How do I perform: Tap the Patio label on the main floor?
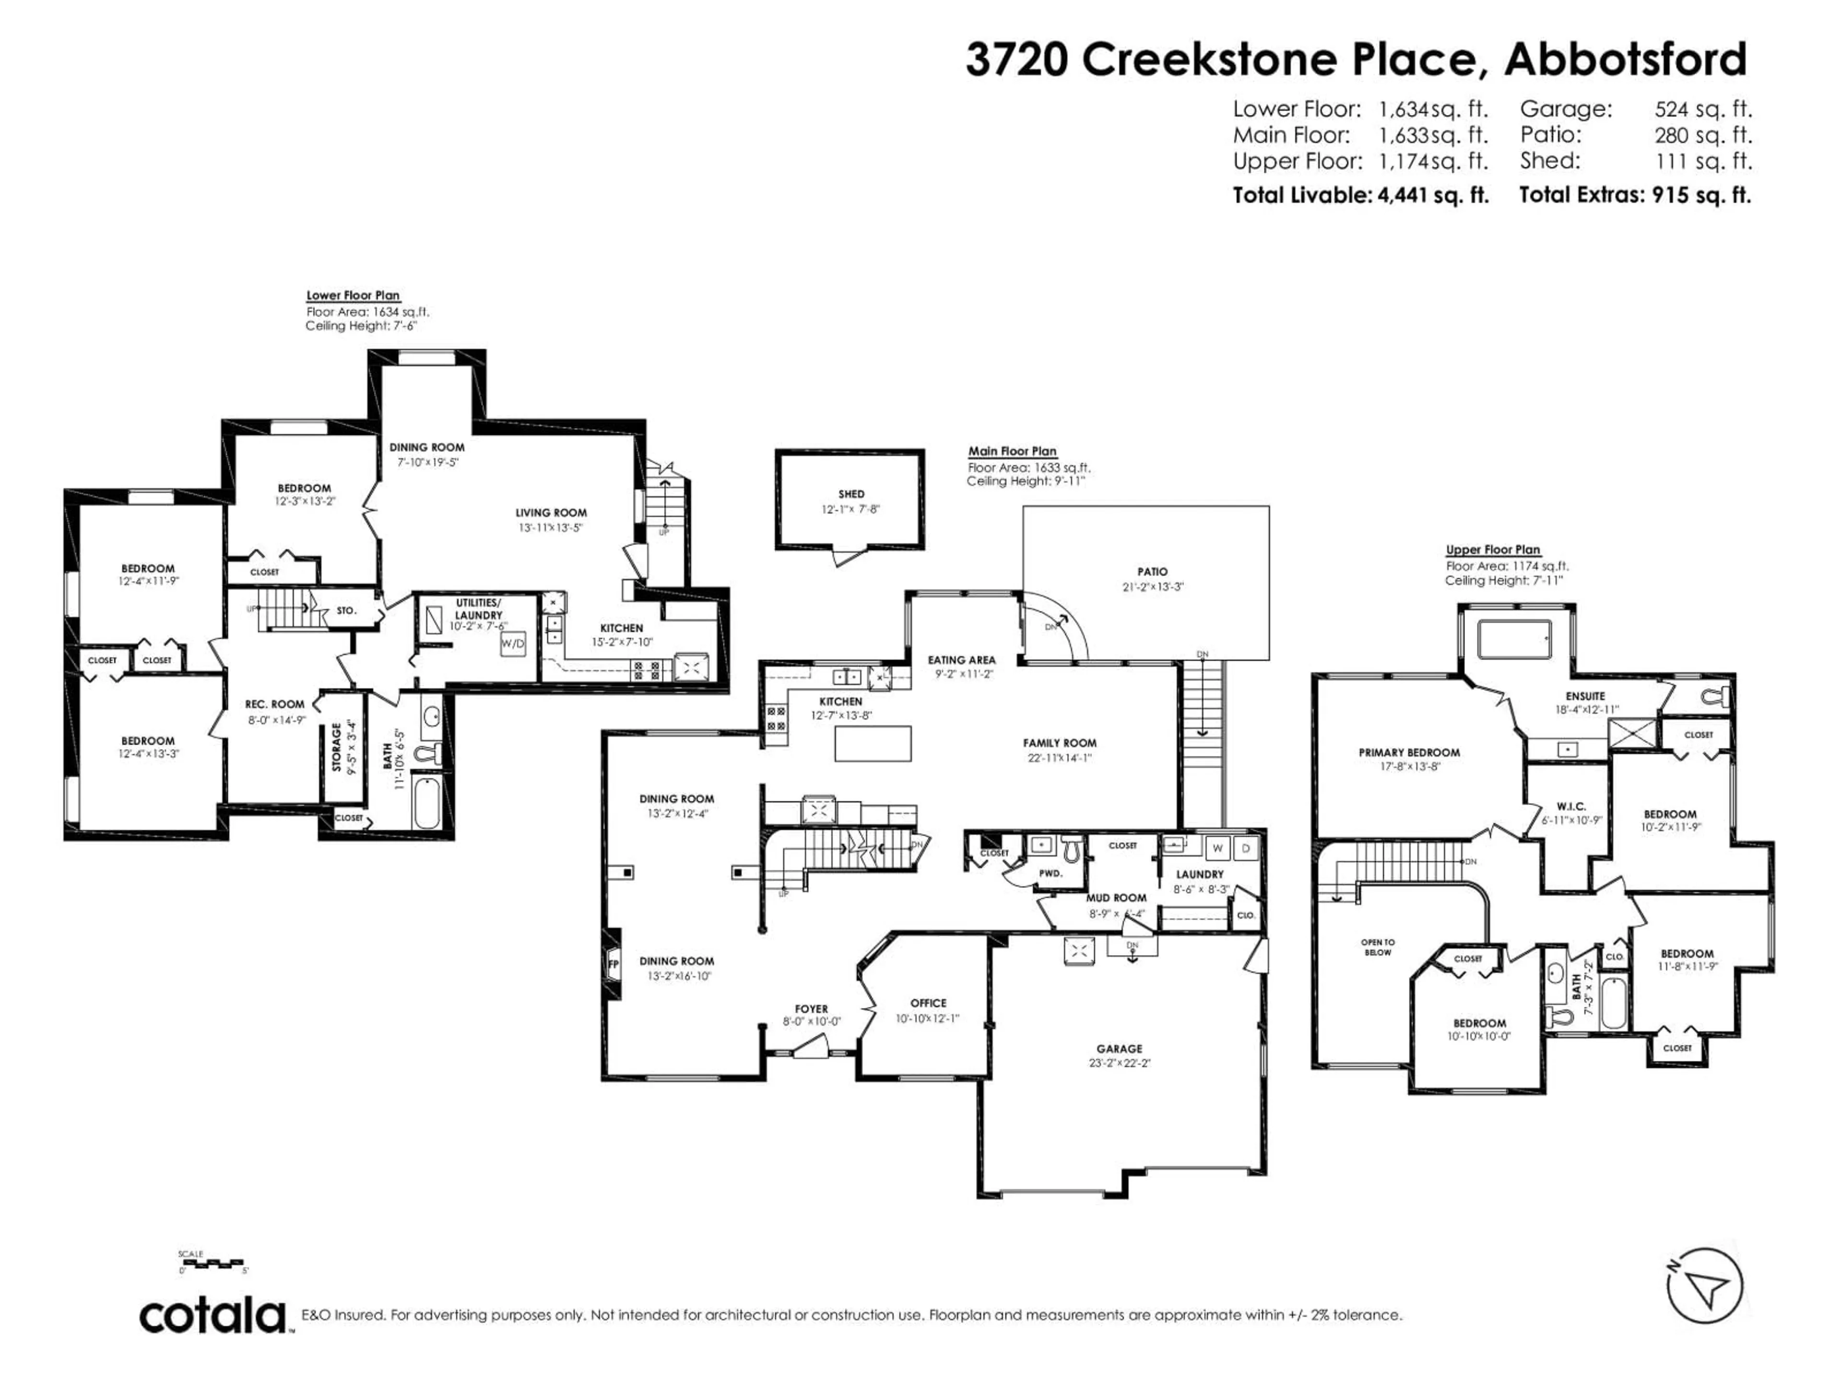[x=1153, y=572]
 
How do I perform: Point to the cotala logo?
[x=213, y=1316]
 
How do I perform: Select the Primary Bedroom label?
[x=1409, y=752]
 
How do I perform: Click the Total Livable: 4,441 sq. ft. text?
[x=1360, y=196]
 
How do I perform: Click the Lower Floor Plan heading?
[x=353, y=295]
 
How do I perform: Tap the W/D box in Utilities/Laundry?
[x=513, y=644]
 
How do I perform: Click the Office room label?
[x=928, y=1003]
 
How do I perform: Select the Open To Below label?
[x=1377, y=948]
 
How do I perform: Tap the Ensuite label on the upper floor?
[x=1585, y=696]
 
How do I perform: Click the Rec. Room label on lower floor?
[x=275, y=704]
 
